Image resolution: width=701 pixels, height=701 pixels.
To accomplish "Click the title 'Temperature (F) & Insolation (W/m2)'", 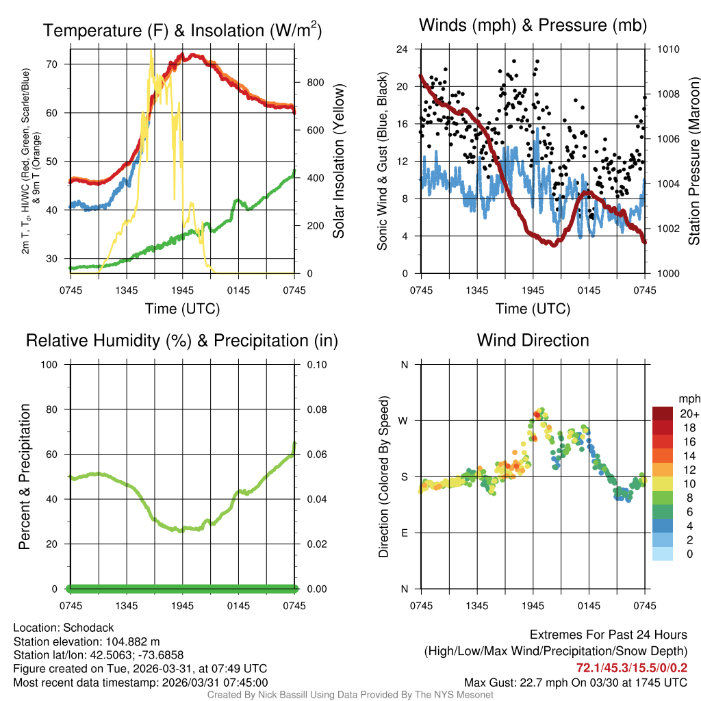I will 182,30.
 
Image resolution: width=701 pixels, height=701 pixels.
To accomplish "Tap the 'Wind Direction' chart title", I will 533,340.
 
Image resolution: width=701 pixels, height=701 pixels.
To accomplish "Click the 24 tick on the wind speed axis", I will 403,49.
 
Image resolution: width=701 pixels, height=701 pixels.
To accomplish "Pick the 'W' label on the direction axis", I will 404,420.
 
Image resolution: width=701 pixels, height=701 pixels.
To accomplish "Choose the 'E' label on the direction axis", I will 405,533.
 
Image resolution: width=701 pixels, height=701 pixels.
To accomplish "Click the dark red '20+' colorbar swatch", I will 663,413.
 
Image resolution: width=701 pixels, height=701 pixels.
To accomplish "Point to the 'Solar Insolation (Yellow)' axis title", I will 338,162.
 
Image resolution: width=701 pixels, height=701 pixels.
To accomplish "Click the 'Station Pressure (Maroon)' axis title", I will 693,162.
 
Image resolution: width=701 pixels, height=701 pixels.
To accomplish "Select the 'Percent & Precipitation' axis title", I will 25,476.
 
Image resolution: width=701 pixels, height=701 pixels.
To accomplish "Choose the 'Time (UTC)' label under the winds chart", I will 533,309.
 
